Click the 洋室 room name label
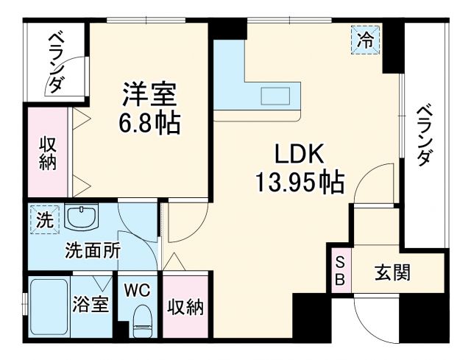150,95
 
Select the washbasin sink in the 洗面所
80,217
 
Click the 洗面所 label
91,250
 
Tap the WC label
136,289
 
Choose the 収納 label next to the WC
185,307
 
